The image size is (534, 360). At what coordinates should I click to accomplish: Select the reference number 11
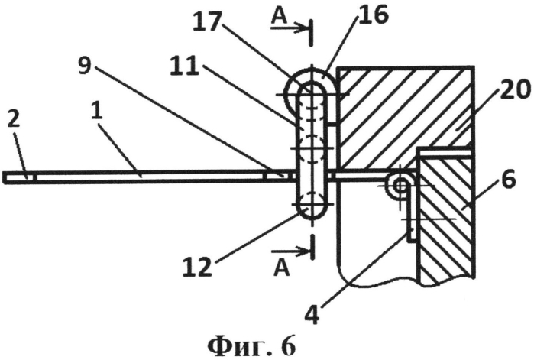[184, 66]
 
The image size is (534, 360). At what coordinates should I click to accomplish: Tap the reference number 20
[513, 90]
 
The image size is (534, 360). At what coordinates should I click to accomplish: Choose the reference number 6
[510, 180]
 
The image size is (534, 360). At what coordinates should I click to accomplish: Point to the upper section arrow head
[303, 28]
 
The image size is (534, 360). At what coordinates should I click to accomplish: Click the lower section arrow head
[303, 251]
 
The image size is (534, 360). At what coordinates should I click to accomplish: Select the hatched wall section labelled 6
[446, 218]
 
